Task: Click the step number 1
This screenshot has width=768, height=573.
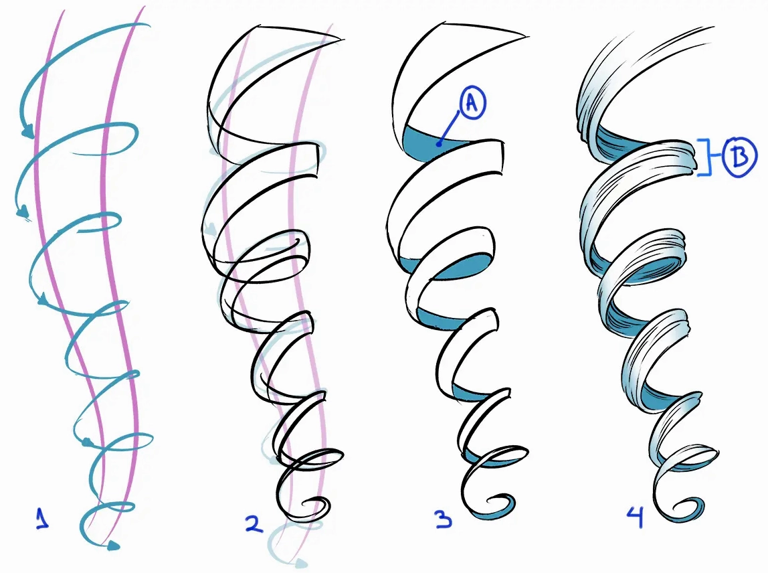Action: (43, 519)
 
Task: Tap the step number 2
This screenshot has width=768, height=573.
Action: (254, 523)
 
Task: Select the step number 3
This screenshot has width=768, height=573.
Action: (444, 519)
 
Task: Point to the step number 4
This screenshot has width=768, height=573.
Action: (636, 517)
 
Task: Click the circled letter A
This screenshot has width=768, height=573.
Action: (471, 104)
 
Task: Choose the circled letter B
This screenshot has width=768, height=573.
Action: (740, 157)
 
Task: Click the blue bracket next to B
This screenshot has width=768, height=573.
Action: (704, 157)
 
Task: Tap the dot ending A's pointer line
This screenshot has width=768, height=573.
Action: (440, 144)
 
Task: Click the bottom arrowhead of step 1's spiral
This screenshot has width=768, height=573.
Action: (113, 545)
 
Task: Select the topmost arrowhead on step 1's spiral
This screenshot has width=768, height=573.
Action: (28, 131)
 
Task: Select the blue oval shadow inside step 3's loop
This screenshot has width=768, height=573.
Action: (463, 267)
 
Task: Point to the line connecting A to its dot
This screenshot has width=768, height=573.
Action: (450, 127)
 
